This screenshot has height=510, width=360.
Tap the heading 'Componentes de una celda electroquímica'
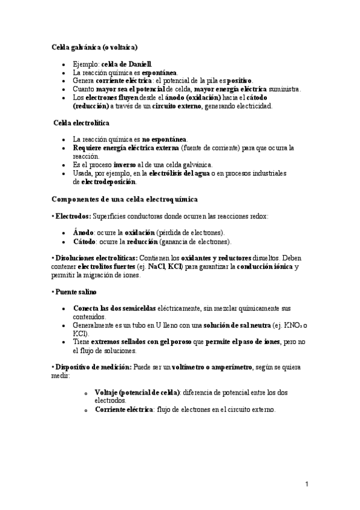click(x=124, y=198)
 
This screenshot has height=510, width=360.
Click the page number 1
click(x=306, y=484)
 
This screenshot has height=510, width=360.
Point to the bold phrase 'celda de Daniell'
click(x=127, y=63)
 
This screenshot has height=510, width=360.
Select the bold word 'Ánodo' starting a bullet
click(x=83, y=232)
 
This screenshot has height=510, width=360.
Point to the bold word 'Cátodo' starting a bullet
click(x=84, y=241)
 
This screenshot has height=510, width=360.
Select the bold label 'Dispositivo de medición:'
click(x=86, y=367)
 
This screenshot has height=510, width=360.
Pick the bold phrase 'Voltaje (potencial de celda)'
click(x=137, y=392)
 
